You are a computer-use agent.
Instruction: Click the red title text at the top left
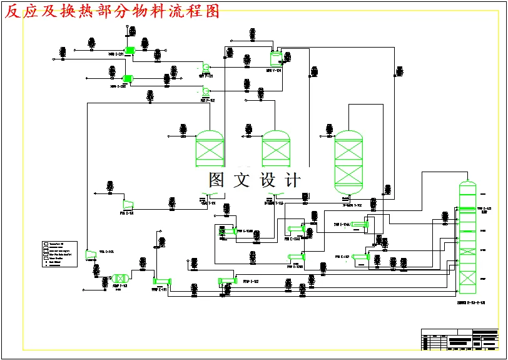[x=113, y=11]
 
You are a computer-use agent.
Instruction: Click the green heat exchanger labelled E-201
[x=130, y=51]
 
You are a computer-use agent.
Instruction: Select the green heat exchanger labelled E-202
[x=127, y=78]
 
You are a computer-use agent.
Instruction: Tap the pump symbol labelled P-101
[x=205, y=68]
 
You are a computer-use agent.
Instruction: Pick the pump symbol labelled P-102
[x=206, y=92]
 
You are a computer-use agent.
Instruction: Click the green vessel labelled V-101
[x=276, y=59]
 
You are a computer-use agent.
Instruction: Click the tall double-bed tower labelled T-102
[x=348, y=162]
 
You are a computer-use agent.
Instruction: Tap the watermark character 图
[x=216, y=180]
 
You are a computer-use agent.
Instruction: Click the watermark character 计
[x=292, y=180]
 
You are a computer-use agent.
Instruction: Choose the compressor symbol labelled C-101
[x=128, y=203]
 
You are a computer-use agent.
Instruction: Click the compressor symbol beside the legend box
[x=91, y=253]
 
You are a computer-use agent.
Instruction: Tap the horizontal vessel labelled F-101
[x=120, y=278]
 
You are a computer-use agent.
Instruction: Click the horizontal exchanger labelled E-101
[x=162, y=281]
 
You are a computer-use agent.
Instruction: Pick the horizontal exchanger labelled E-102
[x=226, y=281]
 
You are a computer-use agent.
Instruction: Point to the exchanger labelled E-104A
[x=359, y=225]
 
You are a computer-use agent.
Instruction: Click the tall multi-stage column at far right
[x=467, y=238]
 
